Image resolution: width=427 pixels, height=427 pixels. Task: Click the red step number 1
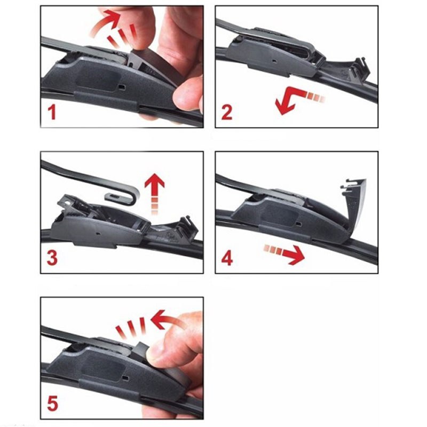52,113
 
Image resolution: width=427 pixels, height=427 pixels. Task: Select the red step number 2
227,113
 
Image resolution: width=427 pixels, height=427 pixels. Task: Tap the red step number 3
52,258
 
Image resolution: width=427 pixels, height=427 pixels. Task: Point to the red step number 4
227,258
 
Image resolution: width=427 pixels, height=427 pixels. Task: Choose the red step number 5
52,404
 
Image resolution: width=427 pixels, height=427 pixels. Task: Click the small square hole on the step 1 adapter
122,87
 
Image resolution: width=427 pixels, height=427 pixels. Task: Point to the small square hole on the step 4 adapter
299,224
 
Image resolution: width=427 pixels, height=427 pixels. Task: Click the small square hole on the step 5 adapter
125,378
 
